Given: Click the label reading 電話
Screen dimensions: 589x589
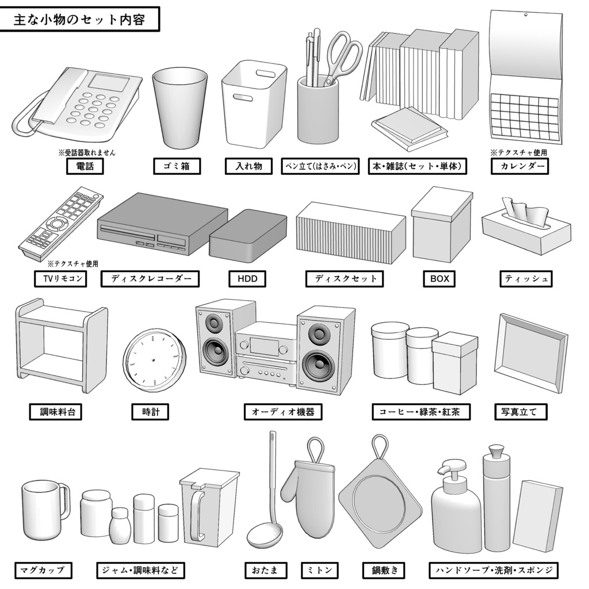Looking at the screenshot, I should coord(85,167).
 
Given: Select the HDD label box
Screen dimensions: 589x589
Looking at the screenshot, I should coord(247,279).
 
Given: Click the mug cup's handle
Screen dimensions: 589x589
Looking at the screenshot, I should coord(64,500).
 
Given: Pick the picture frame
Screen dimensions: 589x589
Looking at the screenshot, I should coord(531,351).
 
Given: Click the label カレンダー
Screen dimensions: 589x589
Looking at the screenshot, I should coord(520,167).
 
